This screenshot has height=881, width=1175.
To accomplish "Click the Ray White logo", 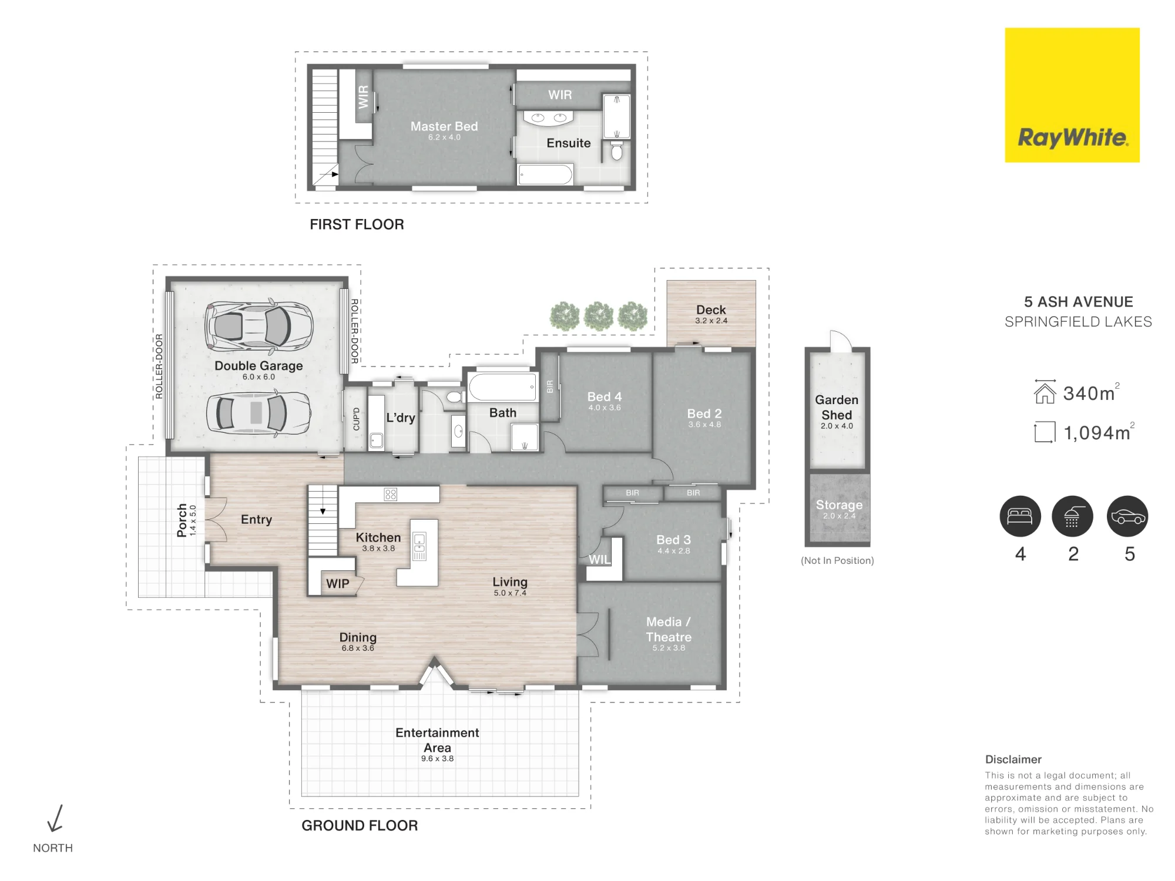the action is click(1072, 95).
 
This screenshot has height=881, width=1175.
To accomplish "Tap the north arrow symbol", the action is click(55, 818).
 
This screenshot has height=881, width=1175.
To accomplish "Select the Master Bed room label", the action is click(444, 130).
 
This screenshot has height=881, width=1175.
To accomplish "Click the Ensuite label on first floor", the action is click(569, 143).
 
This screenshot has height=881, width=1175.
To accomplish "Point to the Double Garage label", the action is click(258, 369).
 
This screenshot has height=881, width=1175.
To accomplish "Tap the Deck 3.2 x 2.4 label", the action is click(711, 314).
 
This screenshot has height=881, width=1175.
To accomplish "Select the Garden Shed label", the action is click(837, 411).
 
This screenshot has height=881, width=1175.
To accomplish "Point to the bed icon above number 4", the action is click(1020, 516).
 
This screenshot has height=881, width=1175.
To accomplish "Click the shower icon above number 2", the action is click(1072, 516).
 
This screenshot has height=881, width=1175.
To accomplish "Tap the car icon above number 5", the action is click(1127, 516).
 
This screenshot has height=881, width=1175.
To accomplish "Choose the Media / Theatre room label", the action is click(669, 633).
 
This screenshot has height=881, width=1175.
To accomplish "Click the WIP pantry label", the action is click(337, 584).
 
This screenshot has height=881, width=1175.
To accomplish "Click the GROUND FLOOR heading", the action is click(360, 826).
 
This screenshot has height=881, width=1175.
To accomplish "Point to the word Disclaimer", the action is click(1013, 759).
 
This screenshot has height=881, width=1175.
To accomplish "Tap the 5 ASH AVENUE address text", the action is click(1078, 302).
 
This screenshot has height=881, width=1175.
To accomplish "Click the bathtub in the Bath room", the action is click(502, 386).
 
